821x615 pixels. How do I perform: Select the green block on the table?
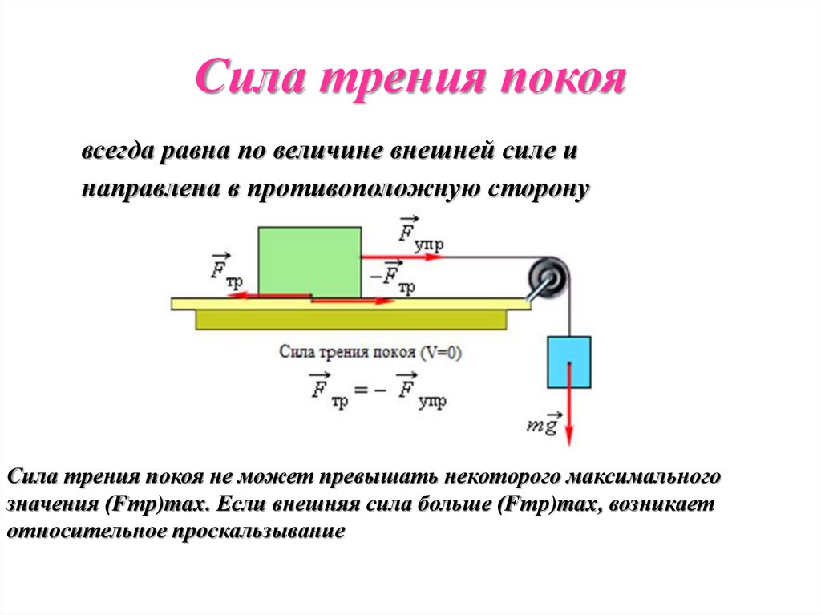tap(309, 261)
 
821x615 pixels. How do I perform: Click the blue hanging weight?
tap(569, 360)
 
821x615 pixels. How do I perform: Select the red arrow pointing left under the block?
tap(257, 295)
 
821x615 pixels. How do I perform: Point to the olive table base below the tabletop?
tap(351, 320)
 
